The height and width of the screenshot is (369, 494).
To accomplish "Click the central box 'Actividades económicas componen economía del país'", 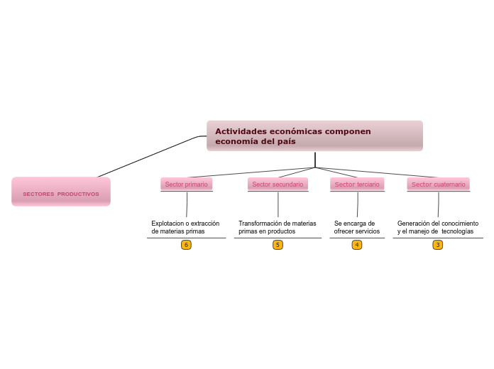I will pyautogui.click(x=314, y=136).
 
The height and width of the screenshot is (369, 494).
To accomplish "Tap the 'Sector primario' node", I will pyautogui.click(x=187, y=184).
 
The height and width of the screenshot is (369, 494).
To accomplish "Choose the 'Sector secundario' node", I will pyautogui.click(x=278, y=184).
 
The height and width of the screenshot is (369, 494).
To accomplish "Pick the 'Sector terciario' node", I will pyautogui.click(x=357, y=184).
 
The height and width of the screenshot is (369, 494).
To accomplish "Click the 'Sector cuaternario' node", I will pyautogui.click(x=439, y=184).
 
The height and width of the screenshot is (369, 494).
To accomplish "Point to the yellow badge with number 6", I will pyautogui.click(x=187, y=245).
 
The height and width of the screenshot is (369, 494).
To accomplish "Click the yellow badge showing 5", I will pyautogui.click(x=278, y=245).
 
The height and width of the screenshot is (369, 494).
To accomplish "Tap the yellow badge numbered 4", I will pyautogui.click(x=357, y=245).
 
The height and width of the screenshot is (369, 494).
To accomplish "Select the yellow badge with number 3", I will pyautogui.click(x=438, y=245).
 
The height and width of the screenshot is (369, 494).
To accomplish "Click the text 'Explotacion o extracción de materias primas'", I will pyautogui.click(x=185, y=227).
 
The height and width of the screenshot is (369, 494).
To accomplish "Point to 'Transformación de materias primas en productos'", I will pyautogui.click(x=277, y=227).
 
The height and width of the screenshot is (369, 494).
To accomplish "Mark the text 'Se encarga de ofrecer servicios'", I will pyautogui.click(x=356, y=227).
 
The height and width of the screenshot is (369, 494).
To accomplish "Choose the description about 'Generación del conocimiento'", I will pyautogui.click(x=437, y=227).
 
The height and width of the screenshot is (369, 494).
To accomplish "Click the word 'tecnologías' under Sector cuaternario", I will pyautogui.click(x=457, y=231).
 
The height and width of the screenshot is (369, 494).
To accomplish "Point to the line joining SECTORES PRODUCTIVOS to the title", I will pyautogui.click(x=149, y=156).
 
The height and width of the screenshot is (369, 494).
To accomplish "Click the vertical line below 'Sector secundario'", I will pyautogui.click(x=278, y=205).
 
